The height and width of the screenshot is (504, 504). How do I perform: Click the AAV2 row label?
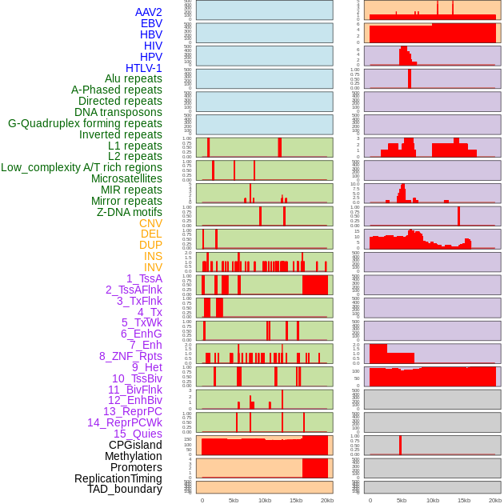(149, 12)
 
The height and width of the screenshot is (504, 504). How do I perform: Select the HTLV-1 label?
(144, 68)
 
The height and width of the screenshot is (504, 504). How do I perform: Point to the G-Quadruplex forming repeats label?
(85, 123)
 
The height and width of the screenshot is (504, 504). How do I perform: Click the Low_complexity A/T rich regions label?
(82, 167)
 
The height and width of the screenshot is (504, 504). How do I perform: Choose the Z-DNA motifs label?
(130, 212)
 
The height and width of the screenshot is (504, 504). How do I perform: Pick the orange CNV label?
(150, 223)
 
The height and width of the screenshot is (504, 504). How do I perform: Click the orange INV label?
(153, 267)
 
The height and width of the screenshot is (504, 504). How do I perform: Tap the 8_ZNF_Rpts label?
(130, 356)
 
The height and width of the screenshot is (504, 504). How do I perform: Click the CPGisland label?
(135, 445)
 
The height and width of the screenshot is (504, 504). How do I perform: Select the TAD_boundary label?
(125, 489)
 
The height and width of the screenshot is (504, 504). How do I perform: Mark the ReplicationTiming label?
(118, 478)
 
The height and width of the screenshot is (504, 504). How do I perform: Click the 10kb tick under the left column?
(265, 500)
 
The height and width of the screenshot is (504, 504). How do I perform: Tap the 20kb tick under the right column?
(495, 500)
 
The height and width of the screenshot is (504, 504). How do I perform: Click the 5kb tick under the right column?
(402, 500)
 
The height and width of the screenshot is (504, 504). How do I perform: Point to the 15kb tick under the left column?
(296, 500)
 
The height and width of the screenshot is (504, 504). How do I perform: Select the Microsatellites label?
(126, 178)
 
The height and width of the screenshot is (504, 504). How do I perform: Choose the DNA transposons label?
(118, 112)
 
